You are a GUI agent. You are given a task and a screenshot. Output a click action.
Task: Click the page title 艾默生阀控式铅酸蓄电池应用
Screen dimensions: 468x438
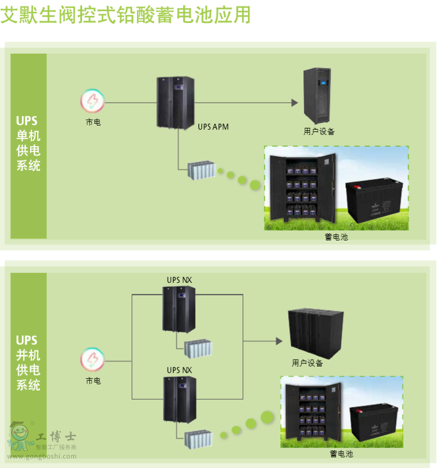(125, 14)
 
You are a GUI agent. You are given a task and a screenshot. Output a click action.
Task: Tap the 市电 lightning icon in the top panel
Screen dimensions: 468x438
(93, 102)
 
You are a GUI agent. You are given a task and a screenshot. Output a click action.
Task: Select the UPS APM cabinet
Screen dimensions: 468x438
(175, 102)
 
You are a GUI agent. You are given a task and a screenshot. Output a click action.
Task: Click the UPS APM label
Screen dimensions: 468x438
(213, 127)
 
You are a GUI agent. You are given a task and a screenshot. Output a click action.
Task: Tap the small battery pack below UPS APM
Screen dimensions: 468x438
(201, 170)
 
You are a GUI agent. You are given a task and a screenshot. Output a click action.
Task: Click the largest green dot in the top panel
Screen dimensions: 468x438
(255, 185)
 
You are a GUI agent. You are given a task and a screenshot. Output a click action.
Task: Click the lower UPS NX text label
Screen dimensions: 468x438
(179, 370)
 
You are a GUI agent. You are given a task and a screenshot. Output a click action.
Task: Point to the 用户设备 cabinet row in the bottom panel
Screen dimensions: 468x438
(315, 333)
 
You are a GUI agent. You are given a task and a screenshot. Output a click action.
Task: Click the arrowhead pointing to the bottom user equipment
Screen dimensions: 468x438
(278, 341)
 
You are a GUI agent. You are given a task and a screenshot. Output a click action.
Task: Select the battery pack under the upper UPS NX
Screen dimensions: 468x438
(198, 348)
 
